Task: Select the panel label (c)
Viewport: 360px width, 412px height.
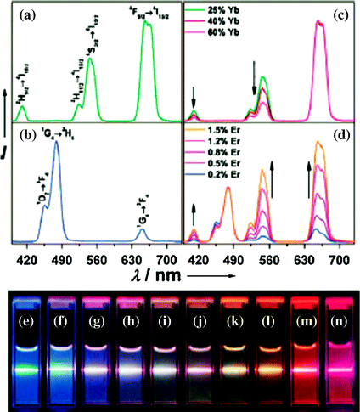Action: pyautogui.click(x=341, y=11)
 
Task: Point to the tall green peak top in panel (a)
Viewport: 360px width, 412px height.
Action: pyautogui.click(x=147, y=23)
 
